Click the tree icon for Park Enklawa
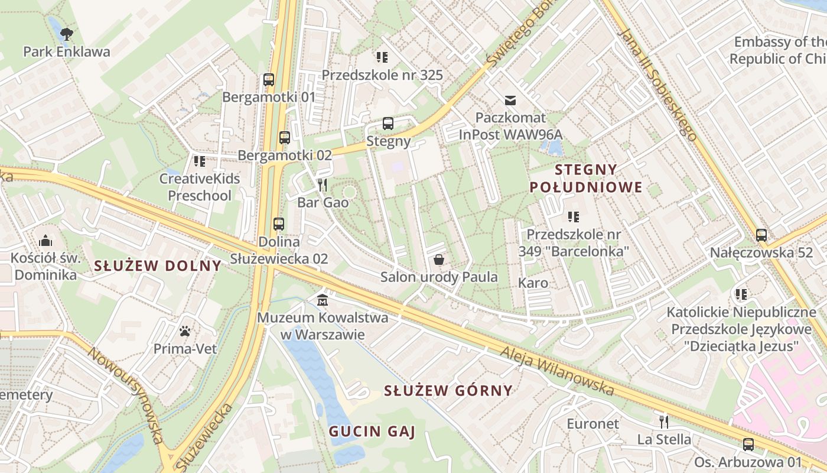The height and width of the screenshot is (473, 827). point(67,33)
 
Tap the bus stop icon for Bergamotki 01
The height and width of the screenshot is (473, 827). point(269,79)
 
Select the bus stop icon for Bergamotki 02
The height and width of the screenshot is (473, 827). point(285,138)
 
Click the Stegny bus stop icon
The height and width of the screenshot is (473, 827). point(388,124)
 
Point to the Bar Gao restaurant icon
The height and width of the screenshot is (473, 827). point(323,185)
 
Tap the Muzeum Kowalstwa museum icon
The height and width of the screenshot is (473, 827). point(323,300)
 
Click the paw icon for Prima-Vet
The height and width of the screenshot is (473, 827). point(185,331)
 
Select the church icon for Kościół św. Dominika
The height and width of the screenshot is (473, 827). point(45,241)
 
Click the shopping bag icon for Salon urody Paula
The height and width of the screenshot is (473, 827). point(439,259)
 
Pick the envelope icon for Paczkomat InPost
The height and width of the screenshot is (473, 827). point(510,101)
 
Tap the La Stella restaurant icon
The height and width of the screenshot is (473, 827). point(664,422)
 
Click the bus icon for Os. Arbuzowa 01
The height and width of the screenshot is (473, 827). point(748,444)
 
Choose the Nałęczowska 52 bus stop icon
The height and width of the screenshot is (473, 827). point(761,235)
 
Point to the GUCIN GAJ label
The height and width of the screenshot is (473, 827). point(372,432)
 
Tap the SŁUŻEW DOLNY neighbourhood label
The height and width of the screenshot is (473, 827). point(158,265)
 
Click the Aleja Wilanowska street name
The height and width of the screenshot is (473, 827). point(557,371)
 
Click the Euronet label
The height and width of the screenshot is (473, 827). point(593,423)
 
